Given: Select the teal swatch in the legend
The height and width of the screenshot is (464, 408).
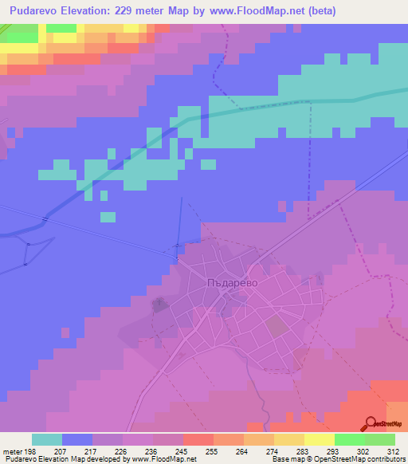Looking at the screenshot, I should pyautogui.click(x=47, y=439).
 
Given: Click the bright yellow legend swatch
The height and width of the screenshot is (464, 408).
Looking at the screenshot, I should pyautogui.click(x=319, y=439).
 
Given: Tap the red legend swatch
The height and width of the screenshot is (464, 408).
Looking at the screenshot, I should pyautogui.click(x=198, y=439).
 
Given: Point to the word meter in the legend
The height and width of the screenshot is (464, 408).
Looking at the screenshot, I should pyautogui.click(x=12, y=451).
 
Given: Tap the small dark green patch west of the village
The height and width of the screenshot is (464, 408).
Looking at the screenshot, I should pyautogui.click(x=159, y=303).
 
